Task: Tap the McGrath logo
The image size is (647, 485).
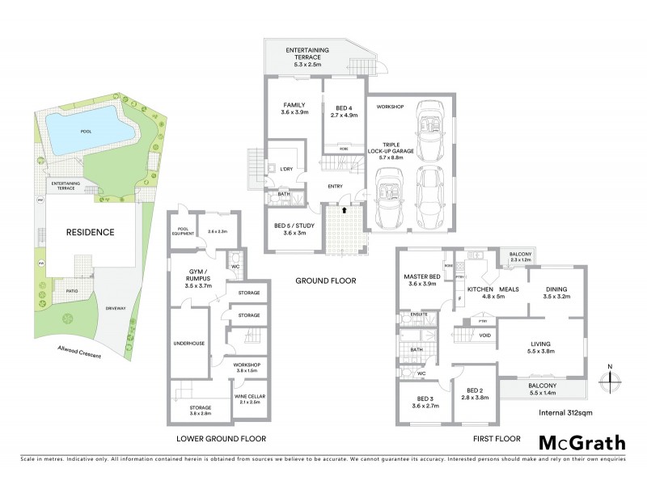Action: pyautogui.click(x=581, y=442)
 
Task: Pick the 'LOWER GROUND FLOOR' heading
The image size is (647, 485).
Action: pyautogui.click(x=221, y=439)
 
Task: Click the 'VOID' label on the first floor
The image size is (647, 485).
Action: pyautogui.click(x=484, y=335)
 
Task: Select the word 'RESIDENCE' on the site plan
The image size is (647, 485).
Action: pyautogui.click(x=90, y=232)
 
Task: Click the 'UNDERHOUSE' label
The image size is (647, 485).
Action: pyautogui.click(x=189, y=344)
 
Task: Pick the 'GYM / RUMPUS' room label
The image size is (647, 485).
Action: pyautogui.click(x=197, y=272)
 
